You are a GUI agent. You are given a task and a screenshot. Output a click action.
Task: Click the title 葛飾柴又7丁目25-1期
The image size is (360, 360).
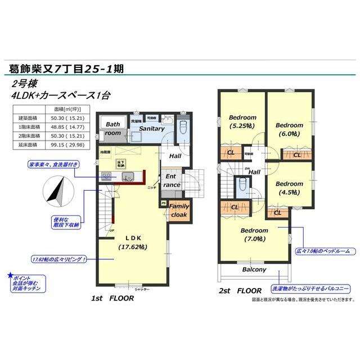click(x=66, y=69)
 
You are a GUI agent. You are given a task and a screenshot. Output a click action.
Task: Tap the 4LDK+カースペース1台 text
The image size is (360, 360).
click(x=61, y=96)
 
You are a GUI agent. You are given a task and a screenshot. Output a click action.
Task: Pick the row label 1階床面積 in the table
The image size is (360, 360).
click(x=28, y=127)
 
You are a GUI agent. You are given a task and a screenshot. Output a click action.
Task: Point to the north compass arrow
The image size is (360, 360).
click(x=58, y=192)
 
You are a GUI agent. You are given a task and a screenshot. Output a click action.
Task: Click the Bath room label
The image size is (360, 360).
click(x=113, y=129)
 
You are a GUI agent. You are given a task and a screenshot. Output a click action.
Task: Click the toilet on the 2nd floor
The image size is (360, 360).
click(x=242, y=186)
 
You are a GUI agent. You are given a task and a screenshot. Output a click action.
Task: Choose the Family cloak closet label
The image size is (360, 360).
click(x=179, y=210)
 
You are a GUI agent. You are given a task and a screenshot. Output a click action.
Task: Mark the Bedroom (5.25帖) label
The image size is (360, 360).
click(x=242, y=121)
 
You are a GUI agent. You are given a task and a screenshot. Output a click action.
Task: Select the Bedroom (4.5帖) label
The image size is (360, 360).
click(x=289, y=187)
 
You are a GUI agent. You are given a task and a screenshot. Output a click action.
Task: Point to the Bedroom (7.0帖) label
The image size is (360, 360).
click(x=254, y=235)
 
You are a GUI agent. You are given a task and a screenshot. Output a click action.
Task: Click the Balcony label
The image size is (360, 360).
click(x=254, y=270)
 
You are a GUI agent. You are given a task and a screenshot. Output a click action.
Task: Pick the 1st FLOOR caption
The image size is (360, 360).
click(x=113, y=298)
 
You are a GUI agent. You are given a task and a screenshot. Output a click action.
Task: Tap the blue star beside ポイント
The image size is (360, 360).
click(x=10, y=276)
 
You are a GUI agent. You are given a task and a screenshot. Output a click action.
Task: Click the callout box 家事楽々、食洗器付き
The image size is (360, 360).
click(x=53, y=164)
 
